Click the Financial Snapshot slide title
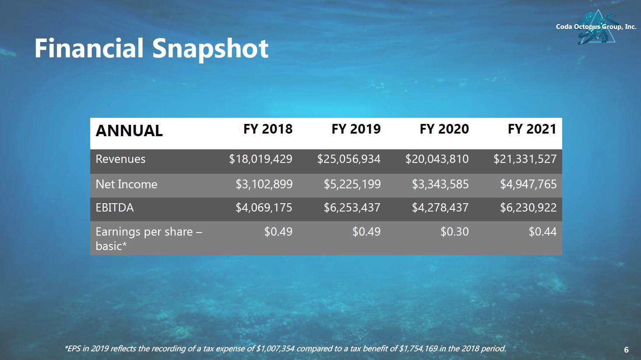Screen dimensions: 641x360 coord(151,49)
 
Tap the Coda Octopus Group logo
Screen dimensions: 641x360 coord(596,27)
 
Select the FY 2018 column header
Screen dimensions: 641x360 coord(268,129)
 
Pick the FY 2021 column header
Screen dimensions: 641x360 coord(532,129)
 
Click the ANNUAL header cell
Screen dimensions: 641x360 coord(129,131)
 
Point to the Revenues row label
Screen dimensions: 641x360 coord(120,159)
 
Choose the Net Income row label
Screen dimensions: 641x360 coord(127,184)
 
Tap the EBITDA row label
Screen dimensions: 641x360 coord(115,208)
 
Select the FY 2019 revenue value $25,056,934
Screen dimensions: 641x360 coord(349,159)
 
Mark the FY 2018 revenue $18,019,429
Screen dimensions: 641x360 coord(261,159)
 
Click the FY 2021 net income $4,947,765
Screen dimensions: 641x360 coord(528,184)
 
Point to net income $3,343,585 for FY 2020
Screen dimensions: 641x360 coord(440,184)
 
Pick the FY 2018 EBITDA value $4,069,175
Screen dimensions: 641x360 coord(264,208)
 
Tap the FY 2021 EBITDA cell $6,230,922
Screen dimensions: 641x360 coord(528,208)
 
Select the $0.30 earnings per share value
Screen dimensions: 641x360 coord(454,232)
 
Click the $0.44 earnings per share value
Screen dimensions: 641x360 coord(542,232)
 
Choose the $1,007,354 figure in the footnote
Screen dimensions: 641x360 coord(275,349)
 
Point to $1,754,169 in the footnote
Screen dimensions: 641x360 coord(419,349)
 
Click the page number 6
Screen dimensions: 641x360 coord(626,349)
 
